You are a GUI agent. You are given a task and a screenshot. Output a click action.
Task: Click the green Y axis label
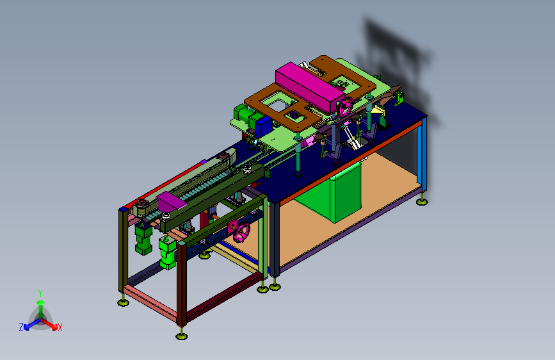click(40, 293)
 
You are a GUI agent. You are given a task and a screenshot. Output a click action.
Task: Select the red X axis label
click(60, 328)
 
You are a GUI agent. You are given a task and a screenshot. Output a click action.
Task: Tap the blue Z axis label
click(21, 327)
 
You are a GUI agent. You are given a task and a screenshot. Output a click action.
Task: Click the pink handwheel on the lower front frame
click(241, 233)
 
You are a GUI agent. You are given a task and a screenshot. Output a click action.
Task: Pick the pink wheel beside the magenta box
click(345, 107)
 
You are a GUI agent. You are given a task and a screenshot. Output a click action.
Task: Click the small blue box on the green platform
click(263, 126)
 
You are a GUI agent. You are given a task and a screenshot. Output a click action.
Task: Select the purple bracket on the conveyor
click(171, 200)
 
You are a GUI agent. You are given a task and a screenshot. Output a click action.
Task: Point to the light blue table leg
click(422, 154)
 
